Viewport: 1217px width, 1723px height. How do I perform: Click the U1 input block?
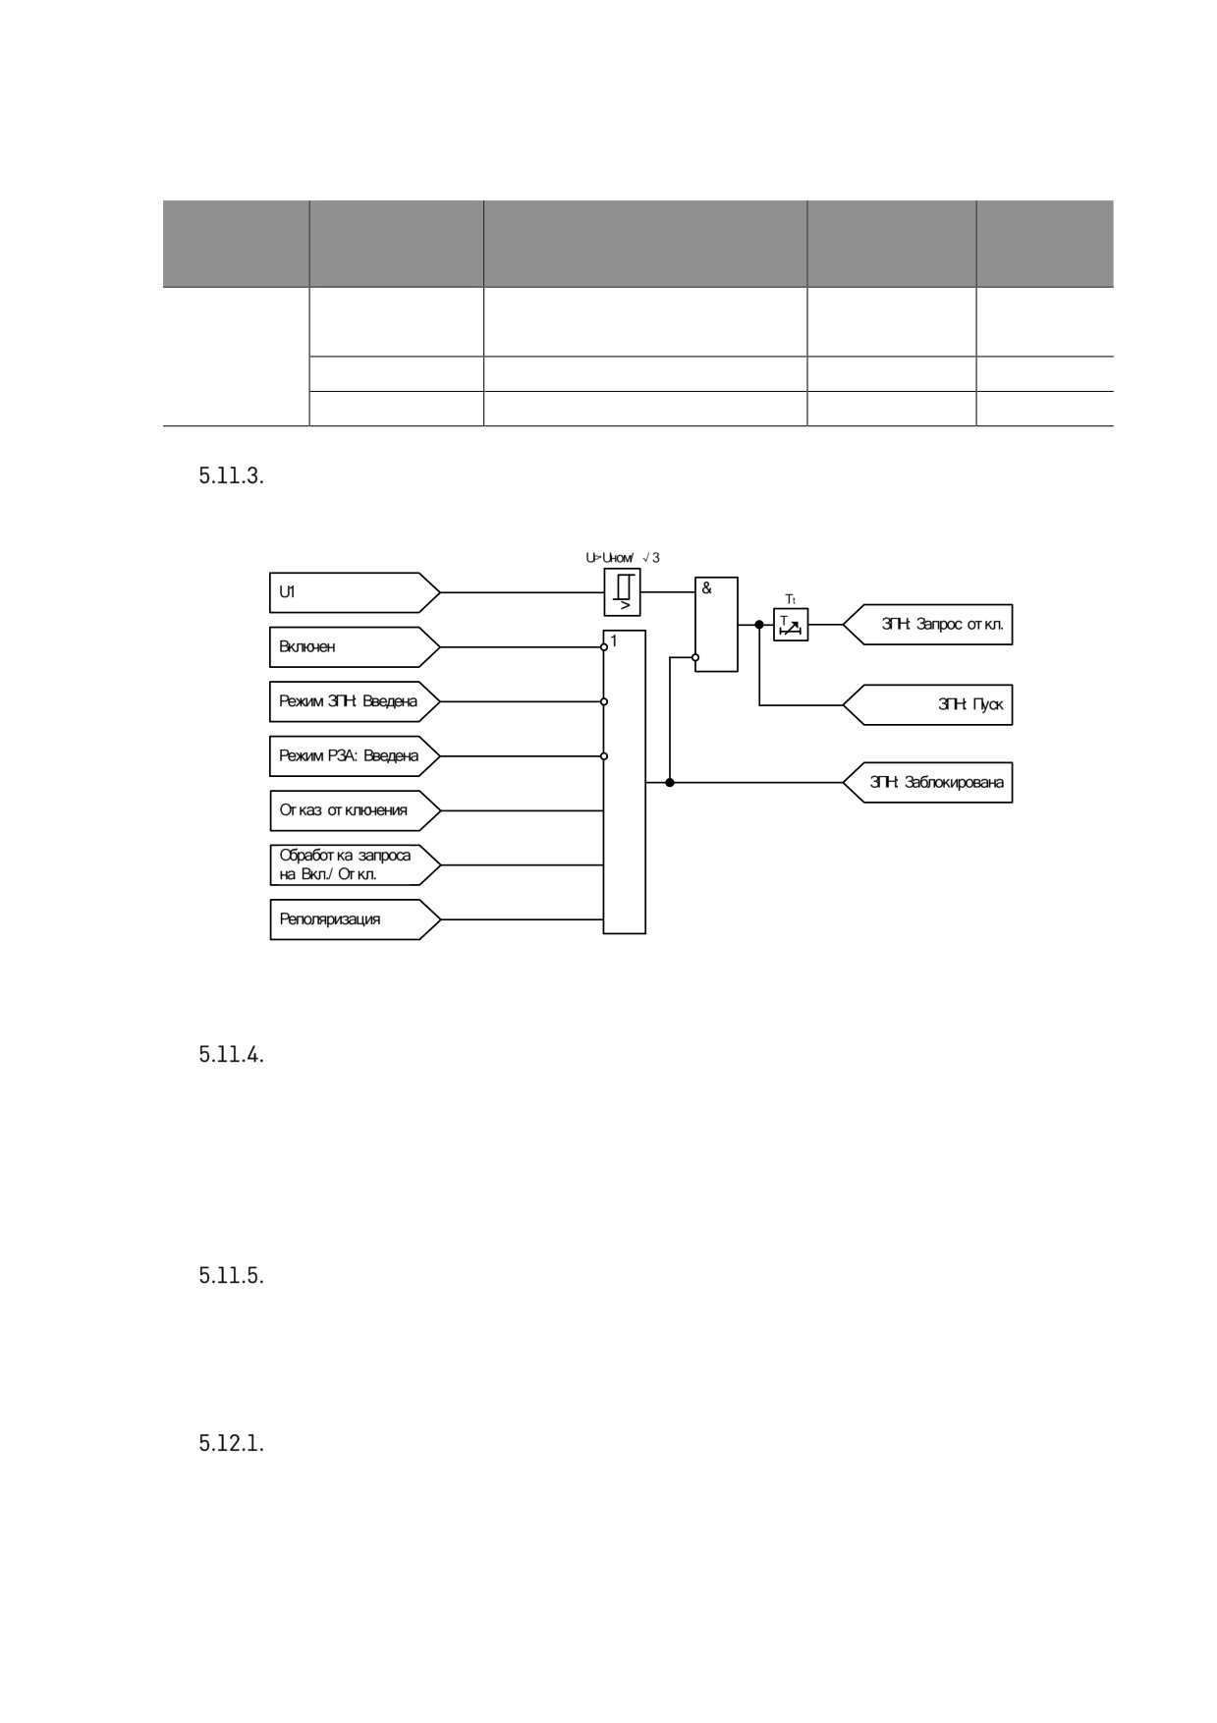coord(355,592)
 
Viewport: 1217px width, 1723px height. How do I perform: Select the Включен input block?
coord(355,647)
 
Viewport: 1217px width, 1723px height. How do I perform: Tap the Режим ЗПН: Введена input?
coord(355,701)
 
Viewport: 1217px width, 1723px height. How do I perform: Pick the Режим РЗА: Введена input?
coord(355,756)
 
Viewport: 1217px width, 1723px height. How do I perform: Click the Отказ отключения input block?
coord(355,810)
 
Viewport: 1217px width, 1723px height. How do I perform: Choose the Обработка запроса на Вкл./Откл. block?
coord(355,865)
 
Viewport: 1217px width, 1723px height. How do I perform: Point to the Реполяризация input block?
coord(355,919)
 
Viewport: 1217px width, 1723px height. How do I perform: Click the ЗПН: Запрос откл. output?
coord(928,625)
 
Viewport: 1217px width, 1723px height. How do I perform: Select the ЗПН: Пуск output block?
coord(928,704)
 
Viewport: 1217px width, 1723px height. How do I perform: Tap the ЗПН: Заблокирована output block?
coord(928,783)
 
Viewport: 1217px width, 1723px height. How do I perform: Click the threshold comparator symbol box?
coord(623,592)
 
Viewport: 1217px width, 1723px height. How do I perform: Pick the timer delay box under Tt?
coord(791,625)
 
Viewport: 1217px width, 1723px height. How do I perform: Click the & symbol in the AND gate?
coord(706,588)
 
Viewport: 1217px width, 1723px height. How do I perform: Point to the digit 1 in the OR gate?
coord(614,640)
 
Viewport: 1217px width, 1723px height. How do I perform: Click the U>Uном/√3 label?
coord(623,558)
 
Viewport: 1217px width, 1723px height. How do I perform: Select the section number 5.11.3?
coord(231,476)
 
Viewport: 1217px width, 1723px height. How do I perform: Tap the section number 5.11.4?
coord(231,1055)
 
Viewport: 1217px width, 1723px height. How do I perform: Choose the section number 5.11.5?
coord(231,1276)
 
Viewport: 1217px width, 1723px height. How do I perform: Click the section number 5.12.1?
coord(231,1444)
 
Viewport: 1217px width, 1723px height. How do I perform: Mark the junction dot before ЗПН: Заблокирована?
coord(670,783)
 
